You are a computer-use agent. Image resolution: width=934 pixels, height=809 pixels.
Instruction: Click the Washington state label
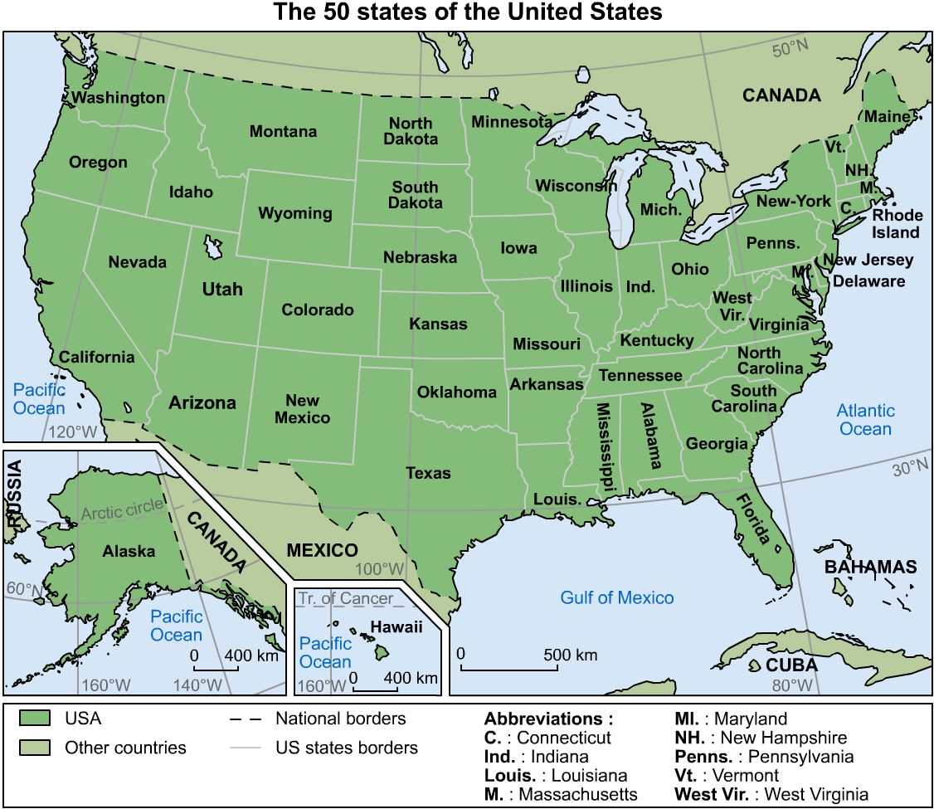(x=118, y=98)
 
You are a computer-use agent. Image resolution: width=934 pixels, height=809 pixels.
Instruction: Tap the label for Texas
(x=428, y=474)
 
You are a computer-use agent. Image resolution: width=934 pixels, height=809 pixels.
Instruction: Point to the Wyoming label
(x=294, y=213)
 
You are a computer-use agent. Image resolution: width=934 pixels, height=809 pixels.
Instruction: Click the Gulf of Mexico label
(x=616, y=597)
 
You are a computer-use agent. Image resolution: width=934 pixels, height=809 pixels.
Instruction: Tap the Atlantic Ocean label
(x=865, y=420)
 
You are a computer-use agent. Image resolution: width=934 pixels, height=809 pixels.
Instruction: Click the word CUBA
(x=791, y=665)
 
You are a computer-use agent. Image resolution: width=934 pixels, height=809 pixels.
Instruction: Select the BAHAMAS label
(x=870, y=568)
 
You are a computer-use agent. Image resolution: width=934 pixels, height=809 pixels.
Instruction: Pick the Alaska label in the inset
(x=129, y=551)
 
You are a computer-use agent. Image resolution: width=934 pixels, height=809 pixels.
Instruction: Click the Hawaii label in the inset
(x=396, y=627)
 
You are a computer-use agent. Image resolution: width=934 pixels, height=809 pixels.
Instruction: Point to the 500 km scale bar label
(x=570, y=655)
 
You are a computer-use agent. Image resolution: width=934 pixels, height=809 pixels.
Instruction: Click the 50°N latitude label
(x=790, y=50)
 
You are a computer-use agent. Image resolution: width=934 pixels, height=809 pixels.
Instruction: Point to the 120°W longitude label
(x=74, y=432)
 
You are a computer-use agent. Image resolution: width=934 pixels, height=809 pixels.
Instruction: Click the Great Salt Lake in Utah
(x=213, y=246)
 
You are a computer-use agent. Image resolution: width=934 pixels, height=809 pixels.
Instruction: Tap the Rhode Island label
(x=896, y=224)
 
